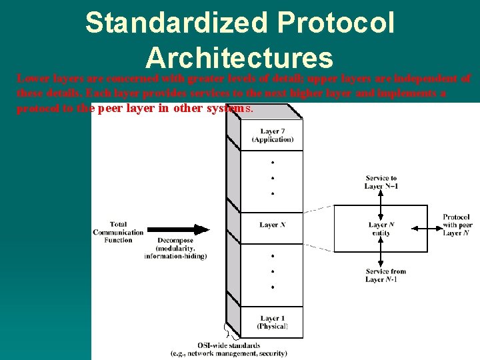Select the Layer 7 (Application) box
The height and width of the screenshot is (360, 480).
pyautogui.click(x=272, y=135)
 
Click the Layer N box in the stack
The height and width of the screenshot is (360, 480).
pyautogui.click(x=272, y=225)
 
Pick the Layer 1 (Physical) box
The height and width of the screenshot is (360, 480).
pyautogui.click(x=272, y=323)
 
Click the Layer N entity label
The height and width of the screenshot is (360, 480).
pyautogui.click(x=381, y=229)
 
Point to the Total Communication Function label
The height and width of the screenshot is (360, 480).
pyautogui.click(x=119, y=232)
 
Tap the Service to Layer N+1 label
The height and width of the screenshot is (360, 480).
pyautogui.click(x=381, y=182)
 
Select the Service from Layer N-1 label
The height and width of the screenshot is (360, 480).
pyautogui.click(x=385, y=275)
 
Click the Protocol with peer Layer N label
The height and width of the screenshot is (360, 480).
pyautogui.click(x=456, y=225)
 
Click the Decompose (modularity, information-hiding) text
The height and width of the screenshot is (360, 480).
pyautogui.click(x=175, y=248)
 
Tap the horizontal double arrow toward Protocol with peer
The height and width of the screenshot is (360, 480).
pyautogui.click(x=423, y=227)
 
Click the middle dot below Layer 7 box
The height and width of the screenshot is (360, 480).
pyautogui.click(x=272, y=178)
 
